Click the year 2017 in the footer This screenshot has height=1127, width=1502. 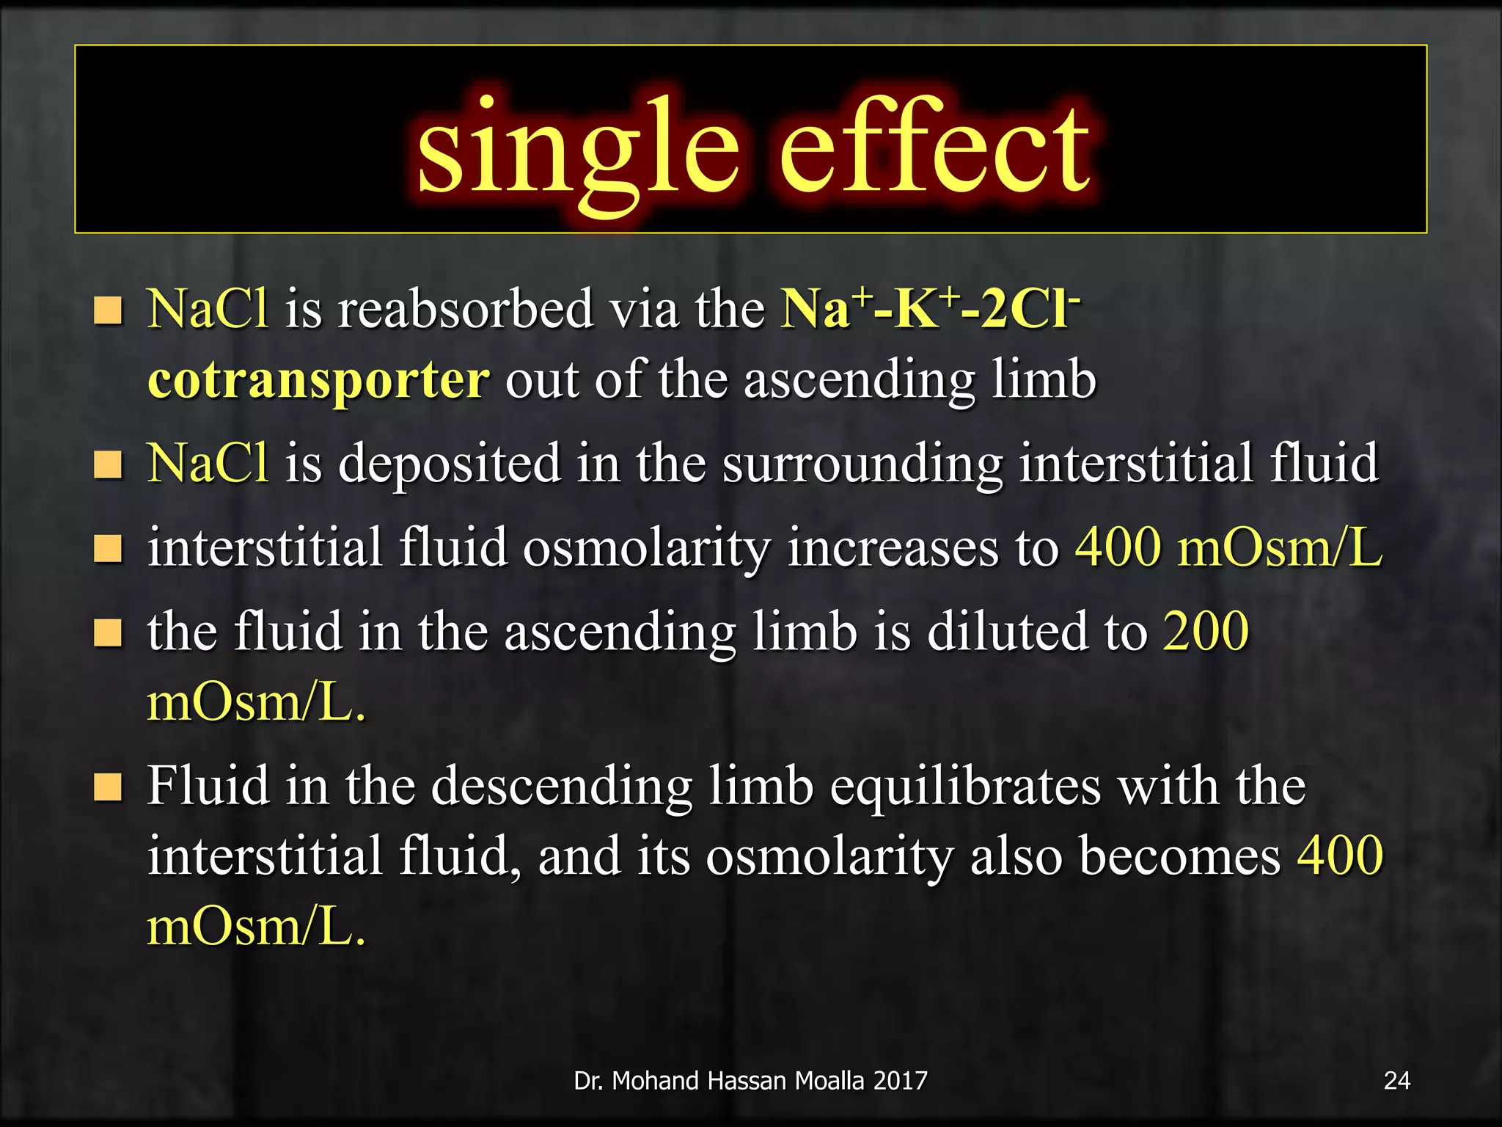coord(901,1081)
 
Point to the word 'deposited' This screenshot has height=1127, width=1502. coord(450,464)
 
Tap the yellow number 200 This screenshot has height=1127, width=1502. coord(1206,631)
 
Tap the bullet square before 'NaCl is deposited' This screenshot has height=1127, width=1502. coord(108,464)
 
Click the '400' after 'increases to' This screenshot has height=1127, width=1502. coord(1118,548)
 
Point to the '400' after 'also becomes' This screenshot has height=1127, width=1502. coord(1340,856)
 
